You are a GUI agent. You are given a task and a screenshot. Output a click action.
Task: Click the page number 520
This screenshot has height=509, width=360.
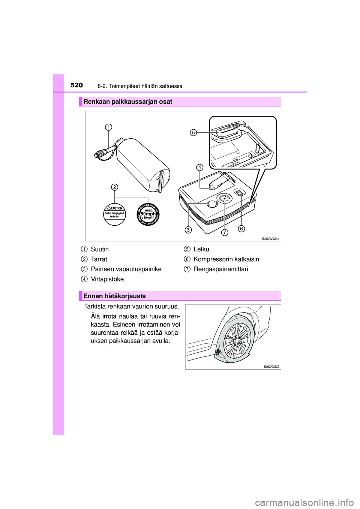(x=76, y=85)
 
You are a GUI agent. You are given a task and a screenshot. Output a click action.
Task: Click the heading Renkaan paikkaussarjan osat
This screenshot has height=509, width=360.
(x=127, y=102)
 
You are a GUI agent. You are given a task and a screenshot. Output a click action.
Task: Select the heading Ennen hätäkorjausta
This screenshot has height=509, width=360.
(x=114, y=296)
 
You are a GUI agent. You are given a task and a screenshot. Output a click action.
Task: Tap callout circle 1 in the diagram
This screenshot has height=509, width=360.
(x=108, y=127)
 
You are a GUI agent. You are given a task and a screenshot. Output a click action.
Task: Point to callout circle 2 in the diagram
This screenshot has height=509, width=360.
(x=114, y=187)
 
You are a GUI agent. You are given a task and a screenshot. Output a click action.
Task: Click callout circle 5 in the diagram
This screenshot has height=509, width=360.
(x=193, y=132)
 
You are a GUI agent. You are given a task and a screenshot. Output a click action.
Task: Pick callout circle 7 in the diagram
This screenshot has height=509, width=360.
(x=224, y=232)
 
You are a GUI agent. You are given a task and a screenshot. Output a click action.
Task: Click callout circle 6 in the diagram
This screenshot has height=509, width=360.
(x=241, y=228)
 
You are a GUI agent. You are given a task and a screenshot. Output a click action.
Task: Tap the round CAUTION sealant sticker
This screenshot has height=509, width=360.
(x=114, y=214)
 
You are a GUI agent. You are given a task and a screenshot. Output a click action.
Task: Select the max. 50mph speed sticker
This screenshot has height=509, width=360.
(x=148, y=214)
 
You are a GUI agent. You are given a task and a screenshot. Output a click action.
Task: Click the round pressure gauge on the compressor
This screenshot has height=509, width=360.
(x=224, y=198)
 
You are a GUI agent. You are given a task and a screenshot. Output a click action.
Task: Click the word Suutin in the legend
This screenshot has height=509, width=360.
(x=100, y=249)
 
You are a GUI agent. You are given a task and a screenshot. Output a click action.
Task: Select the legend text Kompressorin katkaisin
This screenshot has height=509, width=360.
(x=226, y=259)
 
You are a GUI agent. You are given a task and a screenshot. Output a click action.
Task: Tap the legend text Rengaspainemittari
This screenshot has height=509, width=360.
(x=220, y=269)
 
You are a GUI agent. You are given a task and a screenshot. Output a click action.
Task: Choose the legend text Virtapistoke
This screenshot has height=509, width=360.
(x=107, y=279)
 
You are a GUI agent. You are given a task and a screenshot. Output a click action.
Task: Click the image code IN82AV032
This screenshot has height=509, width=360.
(x=271, y=367)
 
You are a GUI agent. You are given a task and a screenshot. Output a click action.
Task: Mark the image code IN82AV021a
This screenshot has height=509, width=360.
(x=270, y=238)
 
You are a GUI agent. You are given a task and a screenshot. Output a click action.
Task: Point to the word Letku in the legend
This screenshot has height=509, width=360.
(x=201, y=249)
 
